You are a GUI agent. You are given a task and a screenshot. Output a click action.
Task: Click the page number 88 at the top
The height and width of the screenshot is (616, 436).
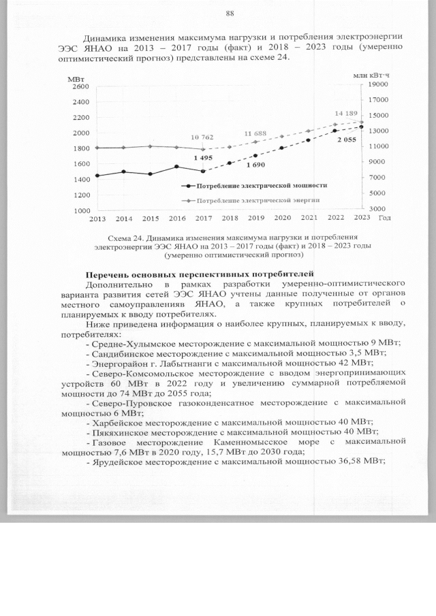pos(230,14)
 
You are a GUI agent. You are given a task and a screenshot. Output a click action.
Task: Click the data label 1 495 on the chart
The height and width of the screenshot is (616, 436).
pos(203,158)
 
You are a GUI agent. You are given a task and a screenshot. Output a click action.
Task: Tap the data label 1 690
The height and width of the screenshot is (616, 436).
pos(255,165)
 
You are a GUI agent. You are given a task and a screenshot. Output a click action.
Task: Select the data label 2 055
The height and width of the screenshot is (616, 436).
pos(346,140)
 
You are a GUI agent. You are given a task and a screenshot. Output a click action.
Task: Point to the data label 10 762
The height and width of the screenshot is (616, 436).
pos(202,137)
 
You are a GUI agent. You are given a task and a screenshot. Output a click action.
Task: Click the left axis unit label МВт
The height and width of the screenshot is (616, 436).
pos(77,79)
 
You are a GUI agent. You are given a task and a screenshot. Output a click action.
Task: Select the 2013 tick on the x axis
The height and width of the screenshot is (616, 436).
pos(97,218)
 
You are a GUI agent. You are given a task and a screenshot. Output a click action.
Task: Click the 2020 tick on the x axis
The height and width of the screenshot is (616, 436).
pos(282,218)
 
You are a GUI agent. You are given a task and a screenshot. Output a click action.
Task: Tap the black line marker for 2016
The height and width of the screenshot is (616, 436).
pos(176,166)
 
